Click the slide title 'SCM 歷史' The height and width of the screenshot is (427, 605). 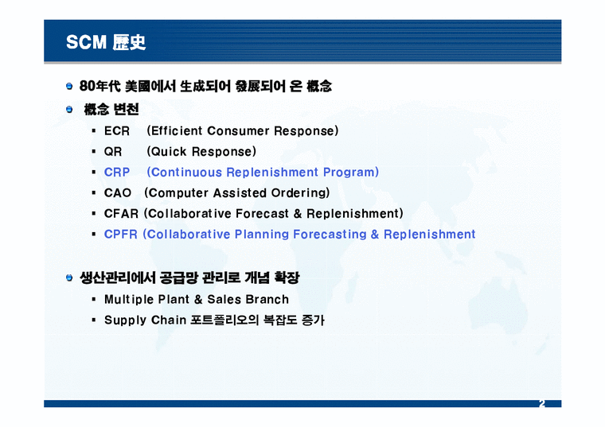[x=106, y=42]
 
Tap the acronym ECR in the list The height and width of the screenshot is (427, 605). [x=116, y=130]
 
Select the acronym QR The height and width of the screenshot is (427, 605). [x=113, y=151]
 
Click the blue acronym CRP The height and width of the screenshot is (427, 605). [x=116, y=172]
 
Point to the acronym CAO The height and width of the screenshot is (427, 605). [x=117, y=192]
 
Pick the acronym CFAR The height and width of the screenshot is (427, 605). [x=121, y=213]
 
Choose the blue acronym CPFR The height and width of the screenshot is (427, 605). [x=121, y=234]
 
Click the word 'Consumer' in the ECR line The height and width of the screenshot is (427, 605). [x=237, y=130]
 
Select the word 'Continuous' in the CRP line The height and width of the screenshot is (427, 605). [x=185, y=172]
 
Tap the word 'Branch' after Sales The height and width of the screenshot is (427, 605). [x=268, y=299]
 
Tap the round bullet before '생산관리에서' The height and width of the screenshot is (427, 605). [x=70, y=278]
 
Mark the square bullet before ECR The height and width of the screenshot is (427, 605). [x=94, y=130]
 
